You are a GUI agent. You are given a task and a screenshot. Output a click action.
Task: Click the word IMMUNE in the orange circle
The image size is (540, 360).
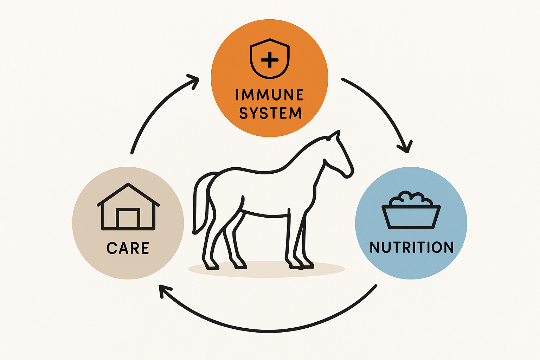tap(270, 95)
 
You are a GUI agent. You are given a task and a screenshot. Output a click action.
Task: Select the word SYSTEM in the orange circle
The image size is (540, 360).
tap(270, 113)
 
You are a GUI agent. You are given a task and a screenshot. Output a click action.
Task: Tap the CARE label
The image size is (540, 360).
tap(128, 248)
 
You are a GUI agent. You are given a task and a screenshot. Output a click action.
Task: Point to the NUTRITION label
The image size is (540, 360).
tap(412, 247)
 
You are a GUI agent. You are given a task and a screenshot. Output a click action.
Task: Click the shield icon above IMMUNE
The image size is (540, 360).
tap(270, 59)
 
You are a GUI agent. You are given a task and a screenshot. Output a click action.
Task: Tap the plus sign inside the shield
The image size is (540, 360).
tap(270, 60)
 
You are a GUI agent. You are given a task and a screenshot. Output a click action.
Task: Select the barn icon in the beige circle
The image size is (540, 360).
tap(128, 206)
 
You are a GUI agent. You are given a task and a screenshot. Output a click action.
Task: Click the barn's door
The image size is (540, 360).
tap(128, 218)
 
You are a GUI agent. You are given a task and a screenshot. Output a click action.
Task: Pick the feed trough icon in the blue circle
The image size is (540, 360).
tap(411, 210)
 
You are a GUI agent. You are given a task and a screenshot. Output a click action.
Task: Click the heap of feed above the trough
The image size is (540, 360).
tap(411, 198)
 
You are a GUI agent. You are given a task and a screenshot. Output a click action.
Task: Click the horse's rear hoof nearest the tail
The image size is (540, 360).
tap(211, 265)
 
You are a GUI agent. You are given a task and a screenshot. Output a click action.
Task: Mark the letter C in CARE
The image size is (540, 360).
tap(112, 248)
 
